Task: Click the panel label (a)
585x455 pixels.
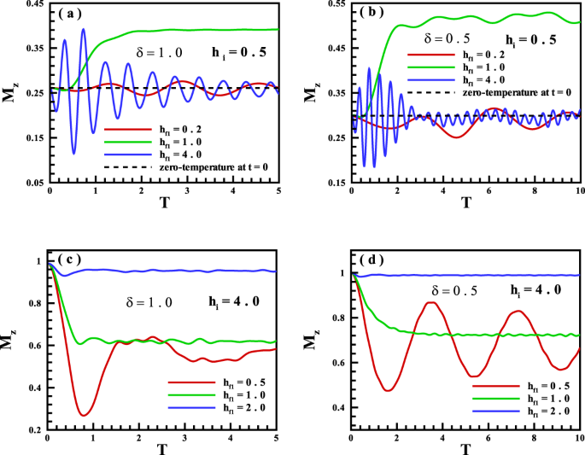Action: point(70,15)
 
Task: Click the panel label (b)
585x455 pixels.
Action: point(371,15)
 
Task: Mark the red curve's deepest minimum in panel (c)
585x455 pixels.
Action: point(84,416)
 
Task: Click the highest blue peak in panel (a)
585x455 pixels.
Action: point(83,29)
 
